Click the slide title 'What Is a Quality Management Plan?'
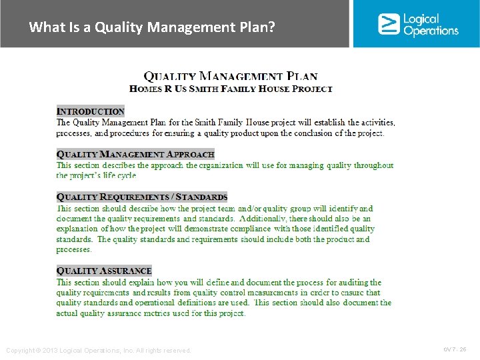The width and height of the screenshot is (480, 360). click(x=152, y=27)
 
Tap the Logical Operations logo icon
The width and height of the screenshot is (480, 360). click(x=388, y=24)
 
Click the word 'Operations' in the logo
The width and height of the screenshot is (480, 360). click(x=431, y=31)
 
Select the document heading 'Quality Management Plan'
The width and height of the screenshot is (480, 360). click(x=231, y=77)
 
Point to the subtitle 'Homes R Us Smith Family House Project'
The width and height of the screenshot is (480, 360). click(x=231, y=88)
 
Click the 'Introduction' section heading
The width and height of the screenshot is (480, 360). click(x=91, y=111)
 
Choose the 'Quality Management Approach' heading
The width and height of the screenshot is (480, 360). click(x=135, y=154)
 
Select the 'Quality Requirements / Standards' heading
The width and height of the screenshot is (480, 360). click(x=142, y=197)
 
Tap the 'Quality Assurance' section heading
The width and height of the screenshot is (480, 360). click(x=104, y=271)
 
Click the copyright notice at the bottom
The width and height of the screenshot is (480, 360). click(x=98, y=351)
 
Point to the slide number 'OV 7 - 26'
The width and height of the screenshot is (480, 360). click(x=455, y=349)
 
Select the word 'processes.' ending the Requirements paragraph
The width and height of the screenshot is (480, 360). click(x=74, y=250)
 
